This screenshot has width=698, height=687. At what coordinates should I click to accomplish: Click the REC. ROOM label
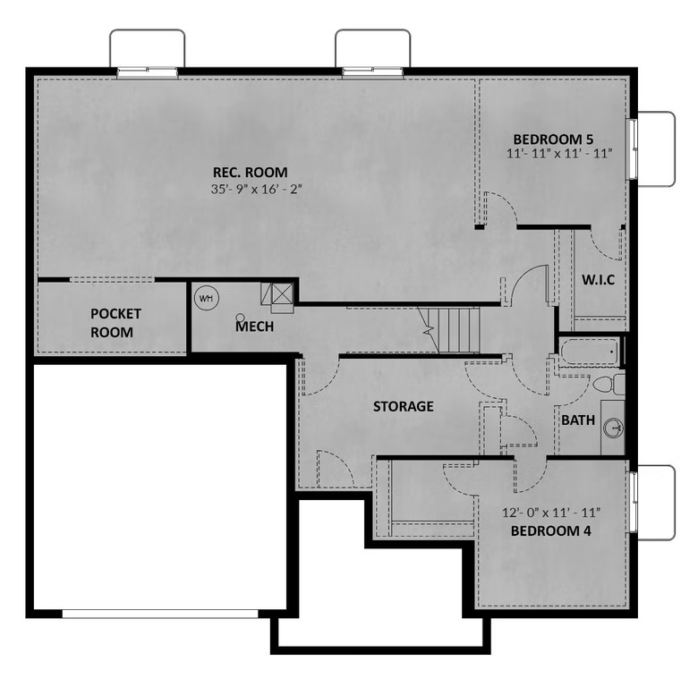pos(251,172)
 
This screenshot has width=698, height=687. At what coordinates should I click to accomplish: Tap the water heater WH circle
pos(207,298)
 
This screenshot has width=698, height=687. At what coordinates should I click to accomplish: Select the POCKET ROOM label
pos(115,323)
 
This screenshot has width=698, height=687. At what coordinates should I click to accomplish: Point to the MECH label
pos(255,327)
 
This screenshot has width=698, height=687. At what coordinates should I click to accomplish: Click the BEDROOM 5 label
pos(553,140)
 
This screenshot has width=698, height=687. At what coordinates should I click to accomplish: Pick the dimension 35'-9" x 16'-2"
pos(257,189)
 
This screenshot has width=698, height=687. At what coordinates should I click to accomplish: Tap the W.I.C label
pos(599,280)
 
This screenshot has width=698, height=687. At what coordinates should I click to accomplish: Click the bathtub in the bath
pos(589,352)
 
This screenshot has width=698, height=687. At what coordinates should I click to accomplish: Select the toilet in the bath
pos(609,385)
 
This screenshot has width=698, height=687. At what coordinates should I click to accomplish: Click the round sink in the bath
pos(613,428)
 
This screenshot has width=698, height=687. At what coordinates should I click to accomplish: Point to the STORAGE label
pos(404,406)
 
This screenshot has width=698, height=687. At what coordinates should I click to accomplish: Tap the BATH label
pos(578,420)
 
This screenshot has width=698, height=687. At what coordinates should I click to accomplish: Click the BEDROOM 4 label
pos(551,530)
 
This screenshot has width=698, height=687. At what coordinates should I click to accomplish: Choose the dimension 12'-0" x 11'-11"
pos(551,513)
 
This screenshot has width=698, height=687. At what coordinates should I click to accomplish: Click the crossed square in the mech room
pos(282,293)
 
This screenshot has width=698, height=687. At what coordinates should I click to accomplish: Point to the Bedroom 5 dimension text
pos(559,154)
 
